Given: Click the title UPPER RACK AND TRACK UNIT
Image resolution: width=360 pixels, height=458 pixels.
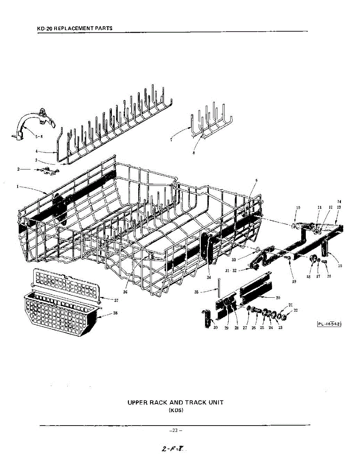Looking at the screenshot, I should coord(175,402).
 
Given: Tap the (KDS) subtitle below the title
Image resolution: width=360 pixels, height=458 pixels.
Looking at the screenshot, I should coord(176,410).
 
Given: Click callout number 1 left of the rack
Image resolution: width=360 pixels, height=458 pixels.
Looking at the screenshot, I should coord(18,186).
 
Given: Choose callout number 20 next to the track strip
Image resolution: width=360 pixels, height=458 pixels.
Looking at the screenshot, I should coord(278,297).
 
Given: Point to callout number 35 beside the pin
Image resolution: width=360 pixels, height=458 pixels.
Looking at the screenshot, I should coord(196,292).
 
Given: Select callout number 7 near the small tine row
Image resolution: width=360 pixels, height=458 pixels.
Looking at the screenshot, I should coord(172,140).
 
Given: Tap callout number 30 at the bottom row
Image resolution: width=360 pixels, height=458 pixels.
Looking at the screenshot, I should coord(215,328).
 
